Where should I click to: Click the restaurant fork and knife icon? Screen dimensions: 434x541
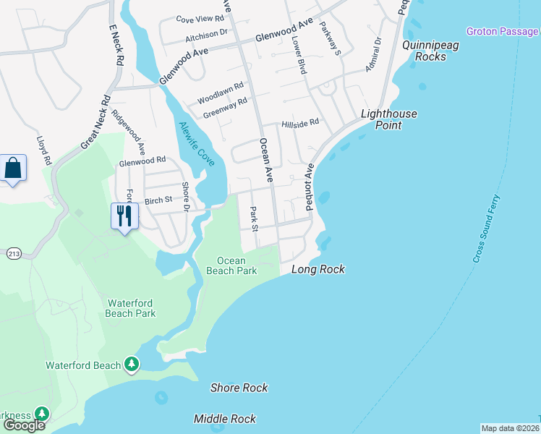click(x=124, y=215)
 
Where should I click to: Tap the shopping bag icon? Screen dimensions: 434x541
click(x=13, y=169)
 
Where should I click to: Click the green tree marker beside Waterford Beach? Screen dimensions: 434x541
click(x=132, y=365)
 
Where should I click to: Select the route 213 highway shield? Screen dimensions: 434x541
click(x=13, y=254)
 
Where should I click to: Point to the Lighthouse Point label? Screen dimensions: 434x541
click(x=390, y=119)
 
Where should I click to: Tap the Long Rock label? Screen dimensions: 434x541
click(x=318, y=270)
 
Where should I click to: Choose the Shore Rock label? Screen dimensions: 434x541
click(x=239, y=388)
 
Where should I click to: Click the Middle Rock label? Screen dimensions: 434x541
click(x=224, y=419)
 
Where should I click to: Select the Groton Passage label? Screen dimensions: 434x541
click(x=502, y=31)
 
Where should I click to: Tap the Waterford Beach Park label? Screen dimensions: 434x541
click(x=131, y=308)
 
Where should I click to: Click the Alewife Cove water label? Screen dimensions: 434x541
click(x=196, y=144)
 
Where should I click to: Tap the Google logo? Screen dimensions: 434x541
click(x=24, y=425)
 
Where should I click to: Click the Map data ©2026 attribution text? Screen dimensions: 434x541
click(x=511, y=428)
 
